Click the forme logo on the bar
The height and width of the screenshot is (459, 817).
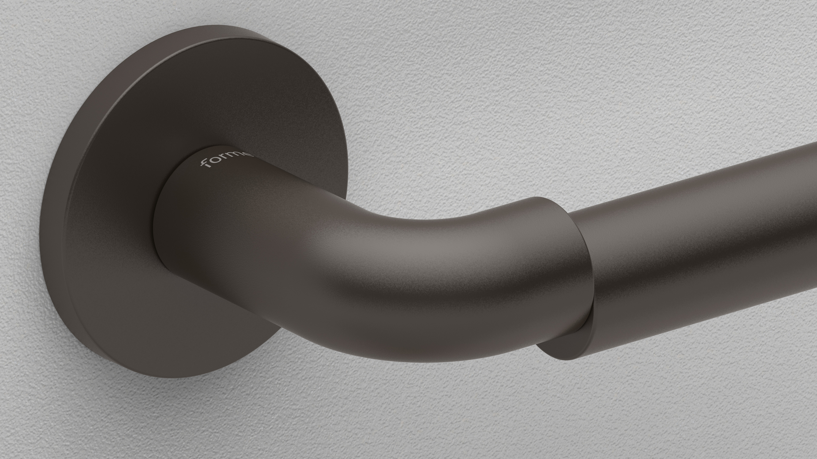pos(225,160)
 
